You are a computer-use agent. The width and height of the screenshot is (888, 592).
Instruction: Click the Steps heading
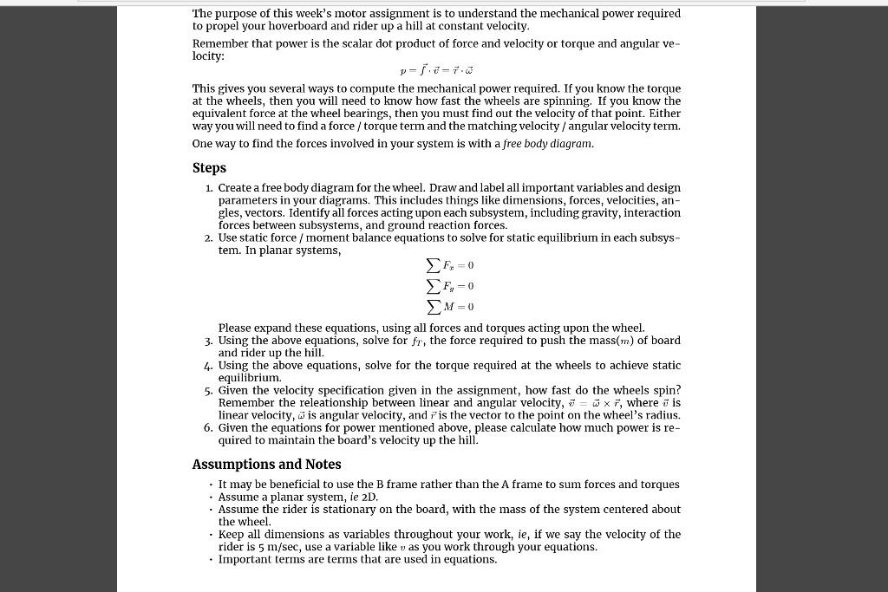pos(209,168)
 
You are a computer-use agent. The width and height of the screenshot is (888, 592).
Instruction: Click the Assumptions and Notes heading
pos(266,465)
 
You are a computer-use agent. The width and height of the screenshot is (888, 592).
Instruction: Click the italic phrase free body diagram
pos(558,144)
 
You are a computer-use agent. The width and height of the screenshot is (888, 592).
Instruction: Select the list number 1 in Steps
pos(209,188)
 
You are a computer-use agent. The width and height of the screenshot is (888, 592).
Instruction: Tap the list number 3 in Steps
pos(209,341)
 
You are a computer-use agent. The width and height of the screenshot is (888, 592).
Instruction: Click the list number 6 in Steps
pos(209,428)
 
